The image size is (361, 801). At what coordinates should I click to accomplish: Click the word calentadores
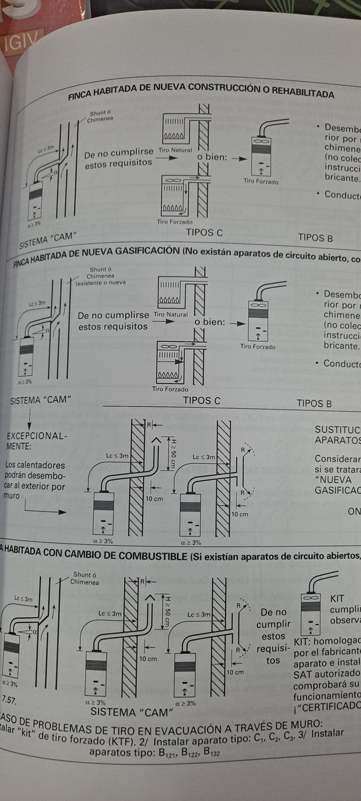click(43, 466)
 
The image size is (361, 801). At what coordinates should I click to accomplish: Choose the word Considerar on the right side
click(336, 459)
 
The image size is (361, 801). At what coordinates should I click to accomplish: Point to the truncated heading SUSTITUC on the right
click(337, 430)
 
